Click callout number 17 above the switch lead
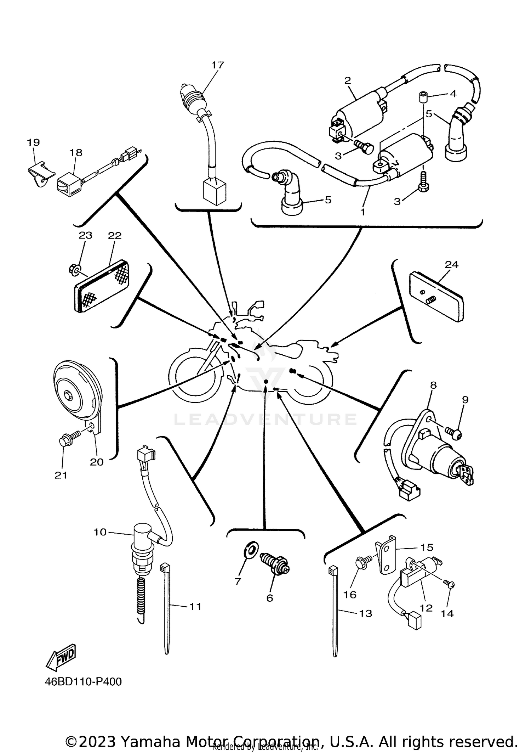[218, 65]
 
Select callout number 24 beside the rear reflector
[451, 264]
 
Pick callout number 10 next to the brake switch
[100, 532]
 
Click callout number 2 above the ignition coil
[347, 80]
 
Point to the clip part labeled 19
[41, 174]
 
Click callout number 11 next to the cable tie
[195, 607]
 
